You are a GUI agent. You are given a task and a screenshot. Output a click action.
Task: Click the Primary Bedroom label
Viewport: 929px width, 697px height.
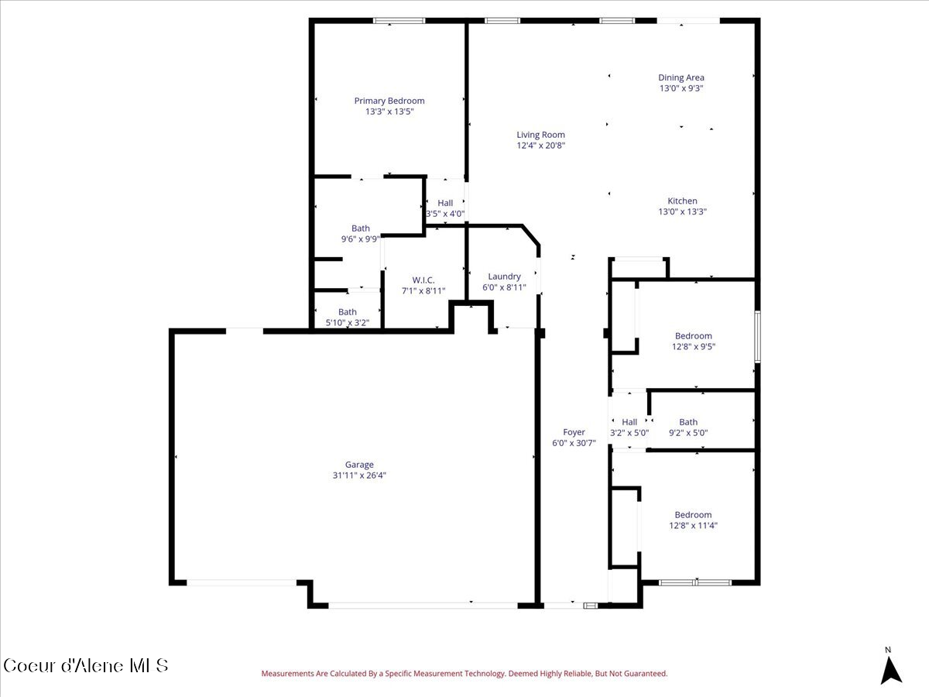click(389, 101)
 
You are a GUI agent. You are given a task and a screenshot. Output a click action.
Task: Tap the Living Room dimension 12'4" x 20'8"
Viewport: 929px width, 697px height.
click(541, 146)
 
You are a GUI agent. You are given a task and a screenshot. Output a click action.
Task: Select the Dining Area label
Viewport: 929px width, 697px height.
click(681, 77)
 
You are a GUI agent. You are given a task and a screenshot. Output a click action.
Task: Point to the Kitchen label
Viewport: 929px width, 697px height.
click(682, 201)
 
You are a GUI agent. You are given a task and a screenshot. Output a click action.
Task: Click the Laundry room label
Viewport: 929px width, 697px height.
click(504, 276)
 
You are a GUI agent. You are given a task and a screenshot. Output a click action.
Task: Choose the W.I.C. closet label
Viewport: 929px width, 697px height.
click(423, 280)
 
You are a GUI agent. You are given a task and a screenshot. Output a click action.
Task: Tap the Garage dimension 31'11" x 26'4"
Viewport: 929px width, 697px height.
click(359, 476)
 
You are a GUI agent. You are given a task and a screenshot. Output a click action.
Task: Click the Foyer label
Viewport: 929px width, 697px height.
click(574, 432)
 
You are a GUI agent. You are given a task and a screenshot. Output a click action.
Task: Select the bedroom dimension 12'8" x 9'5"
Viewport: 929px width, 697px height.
click(693, 347)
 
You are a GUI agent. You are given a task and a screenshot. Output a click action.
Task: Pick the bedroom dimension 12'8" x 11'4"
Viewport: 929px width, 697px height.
click(693, 526)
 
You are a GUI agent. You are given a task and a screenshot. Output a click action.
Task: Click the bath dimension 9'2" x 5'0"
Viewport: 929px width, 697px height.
click(688, 434)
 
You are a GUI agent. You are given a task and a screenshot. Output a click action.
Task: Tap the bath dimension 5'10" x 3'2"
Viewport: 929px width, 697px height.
click(348, 323)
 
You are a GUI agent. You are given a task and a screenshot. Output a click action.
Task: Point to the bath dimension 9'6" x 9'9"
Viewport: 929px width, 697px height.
click(361, 239)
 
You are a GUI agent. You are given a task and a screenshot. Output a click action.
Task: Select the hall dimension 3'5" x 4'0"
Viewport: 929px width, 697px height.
click(445, 214)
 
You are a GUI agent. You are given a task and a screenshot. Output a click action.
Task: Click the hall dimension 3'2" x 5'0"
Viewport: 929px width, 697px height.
click(629, 434)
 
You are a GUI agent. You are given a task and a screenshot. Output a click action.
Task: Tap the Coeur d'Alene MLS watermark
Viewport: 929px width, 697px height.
click(85, 665)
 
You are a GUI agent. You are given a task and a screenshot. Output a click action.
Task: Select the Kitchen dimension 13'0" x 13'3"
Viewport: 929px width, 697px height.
click(682, 211)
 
